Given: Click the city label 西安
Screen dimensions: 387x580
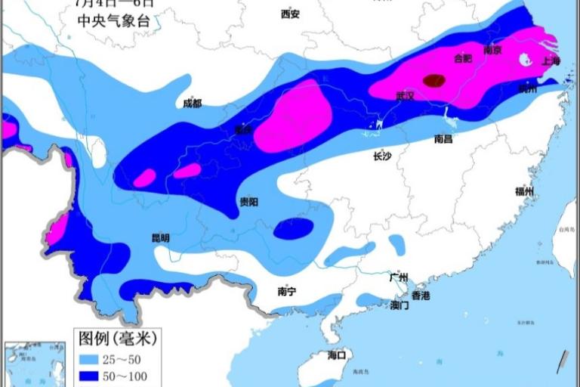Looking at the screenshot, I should (290, 14).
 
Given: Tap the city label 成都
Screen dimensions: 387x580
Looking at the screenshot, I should (193, 104).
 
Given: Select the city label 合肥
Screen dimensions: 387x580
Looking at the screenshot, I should (462, 57).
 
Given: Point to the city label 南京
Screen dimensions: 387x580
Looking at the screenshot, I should (492, 50).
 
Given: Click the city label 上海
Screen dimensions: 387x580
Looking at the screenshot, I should (551, 61).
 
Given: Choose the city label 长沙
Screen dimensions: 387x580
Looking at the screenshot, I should (381, 157).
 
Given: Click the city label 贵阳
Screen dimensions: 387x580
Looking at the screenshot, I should (248, 202).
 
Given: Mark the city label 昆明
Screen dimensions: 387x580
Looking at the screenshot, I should (161, 237).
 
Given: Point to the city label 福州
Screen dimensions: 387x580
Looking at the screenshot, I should (524, 191).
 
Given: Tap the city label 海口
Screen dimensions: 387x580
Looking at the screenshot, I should (336, 354).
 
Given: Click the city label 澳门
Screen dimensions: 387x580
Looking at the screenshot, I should (399, 305).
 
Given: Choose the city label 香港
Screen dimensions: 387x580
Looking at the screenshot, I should (420, 295).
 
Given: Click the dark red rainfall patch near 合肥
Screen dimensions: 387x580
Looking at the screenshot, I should (433, 79).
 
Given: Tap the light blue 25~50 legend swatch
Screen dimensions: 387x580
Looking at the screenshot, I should (90, 358).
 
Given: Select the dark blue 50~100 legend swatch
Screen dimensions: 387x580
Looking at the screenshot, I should (90, 376).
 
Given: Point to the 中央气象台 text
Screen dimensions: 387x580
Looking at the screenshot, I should (114, 21).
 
